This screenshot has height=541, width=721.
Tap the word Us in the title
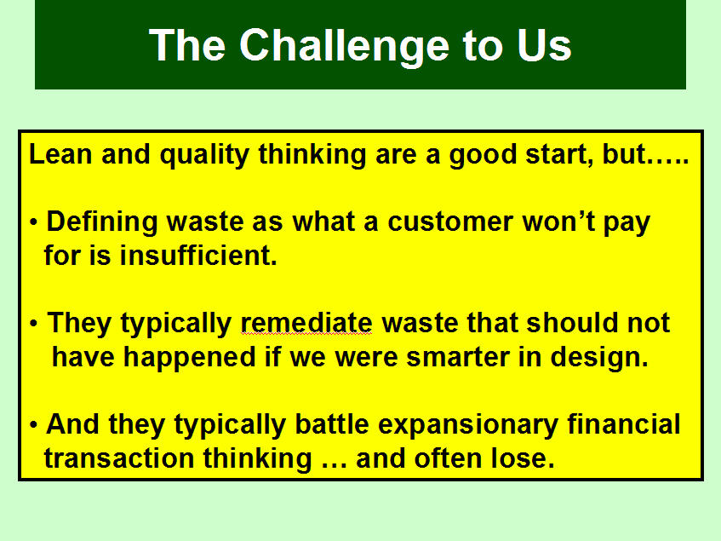click(x=544, y=45)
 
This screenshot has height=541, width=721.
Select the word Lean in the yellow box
click(x=60, y=153)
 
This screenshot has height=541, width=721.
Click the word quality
click(x=204, y=156)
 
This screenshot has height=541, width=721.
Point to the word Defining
click(x=102, y=222)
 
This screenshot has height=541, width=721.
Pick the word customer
click(x=450, y=222)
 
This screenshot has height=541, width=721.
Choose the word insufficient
click(x=198, y=255)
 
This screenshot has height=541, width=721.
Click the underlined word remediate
click(x=306, y=323)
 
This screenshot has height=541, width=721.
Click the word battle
click(x=331, y=424)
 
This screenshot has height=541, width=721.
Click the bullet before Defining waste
click(x=33, y=222)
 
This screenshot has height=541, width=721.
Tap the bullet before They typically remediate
click(x=33, y=324)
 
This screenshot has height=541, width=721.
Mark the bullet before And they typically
click(x=33, y=425)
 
